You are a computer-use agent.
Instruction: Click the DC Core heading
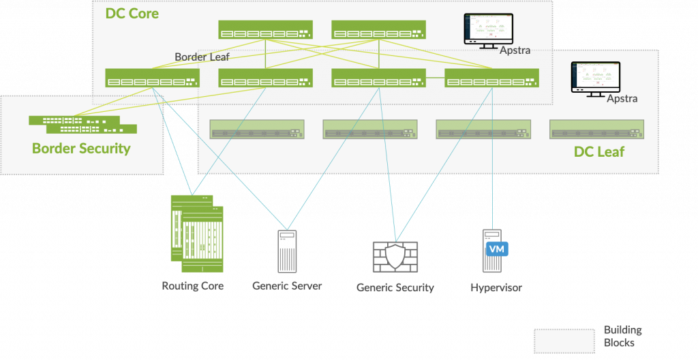pos(132,13)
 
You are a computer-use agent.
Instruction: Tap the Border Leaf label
pos(202,57)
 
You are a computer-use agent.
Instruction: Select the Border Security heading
pos(81,148)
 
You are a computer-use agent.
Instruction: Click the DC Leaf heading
pos(598,152)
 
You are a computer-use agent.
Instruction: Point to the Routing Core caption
pos(193,286)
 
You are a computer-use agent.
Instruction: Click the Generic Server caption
pos(287,286)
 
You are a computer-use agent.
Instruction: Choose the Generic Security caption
pos(395,288)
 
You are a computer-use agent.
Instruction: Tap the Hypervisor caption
pos(496,288)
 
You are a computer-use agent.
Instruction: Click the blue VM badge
pos(497,249)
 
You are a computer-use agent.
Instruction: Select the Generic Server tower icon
pos(287,252)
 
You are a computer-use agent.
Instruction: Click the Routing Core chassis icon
pos(197,231)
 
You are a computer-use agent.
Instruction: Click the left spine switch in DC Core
pos(265,30)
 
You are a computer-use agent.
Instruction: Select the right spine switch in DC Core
pos(378,30)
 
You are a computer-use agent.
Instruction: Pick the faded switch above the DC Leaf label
pos(596,129)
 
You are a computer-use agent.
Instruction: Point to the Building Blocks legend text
pos(622,336)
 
